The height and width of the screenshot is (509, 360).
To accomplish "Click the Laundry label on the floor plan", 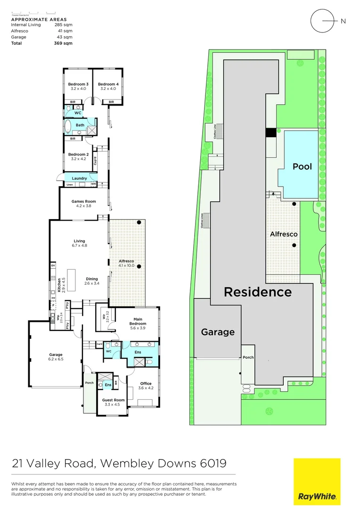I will click(79, 178).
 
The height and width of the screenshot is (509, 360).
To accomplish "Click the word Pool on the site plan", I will click(302, 166).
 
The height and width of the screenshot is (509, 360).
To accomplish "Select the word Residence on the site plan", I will click(257, 292).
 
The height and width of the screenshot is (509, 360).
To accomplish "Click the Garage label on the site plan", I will click(218, 332).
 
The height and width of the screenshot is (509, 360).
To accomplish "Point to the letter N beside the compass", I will click(343, 21).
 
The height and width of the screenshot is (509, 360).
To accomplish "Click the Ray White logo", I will click(317, 481).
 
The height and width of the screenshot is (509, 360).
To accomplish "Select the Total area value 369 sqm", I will click(63, 43).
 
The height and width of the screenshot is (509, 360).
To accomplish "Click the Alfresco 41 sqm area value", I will click(65, 31).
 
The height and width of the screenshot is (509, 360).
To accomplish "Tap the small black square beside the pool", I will click(270, 133).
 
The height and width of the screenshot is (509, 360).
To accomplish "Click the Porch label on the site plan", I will click(248, 357).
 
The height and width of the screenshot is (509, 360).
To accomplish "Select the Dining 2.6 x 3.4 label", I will click(91, 281).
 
